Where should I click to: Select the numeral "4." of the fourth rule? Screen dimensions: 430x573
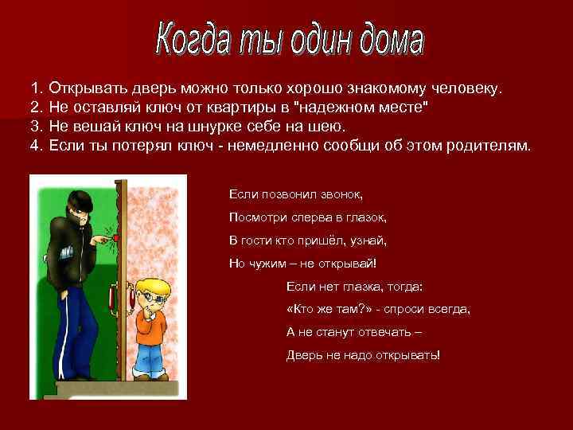click(37, 146)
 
